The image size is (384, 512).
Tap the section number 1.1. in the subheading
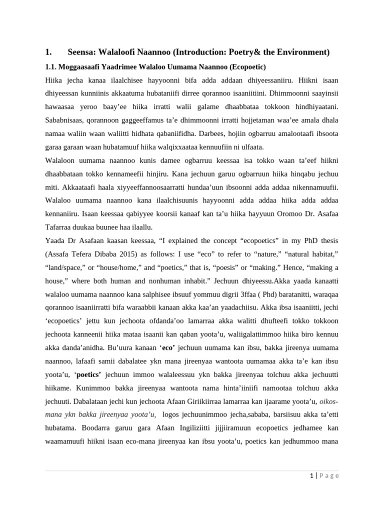[x=53, y=67]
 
